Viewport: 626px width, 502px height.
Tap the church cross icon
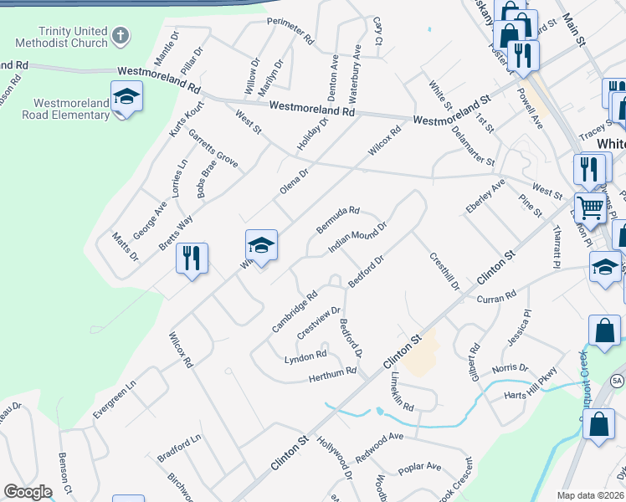121,36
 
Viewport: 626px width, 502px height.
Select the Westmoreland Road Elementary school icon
126,97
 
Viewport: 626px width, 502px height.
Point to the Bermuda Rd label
337,220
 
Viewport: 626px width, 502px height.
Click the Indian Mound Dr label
357,238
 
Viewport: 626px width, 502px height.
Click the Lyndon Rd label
305,357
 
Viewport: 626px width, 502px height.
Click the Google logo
28,492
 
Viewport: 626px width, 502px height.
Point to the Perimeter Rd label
290,31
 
